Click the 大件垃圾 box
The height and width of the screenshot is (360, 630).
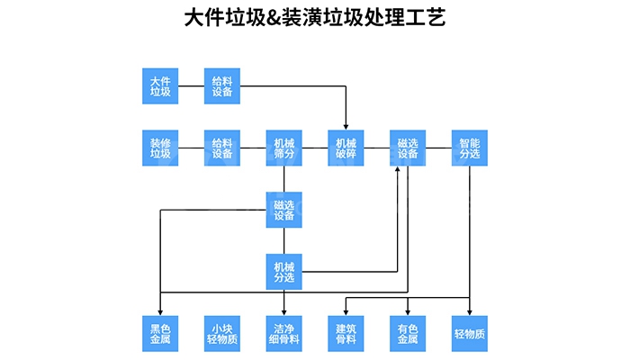[160, 85]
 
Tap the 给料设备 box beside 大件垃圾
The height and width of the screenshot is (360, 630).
[222, 85]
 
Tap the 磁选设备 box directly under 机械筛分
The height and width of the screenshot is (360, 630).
[284, 210]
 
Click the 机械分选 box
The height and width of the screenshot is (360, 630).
[284, 271]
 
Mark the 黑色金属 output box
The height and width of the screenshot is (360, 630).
[160, 333]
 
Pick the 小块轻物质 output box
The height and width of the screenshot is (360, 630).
[222, 333]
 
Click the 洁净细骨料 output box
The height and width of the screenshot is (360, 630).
[284, 333]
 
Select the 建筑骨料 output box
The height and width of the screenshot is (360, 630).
[346, 333]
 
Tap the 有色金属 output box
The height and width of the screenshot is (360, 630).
[408, 333]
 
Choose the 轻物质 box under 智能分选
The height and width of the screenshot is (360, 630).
[470, 333]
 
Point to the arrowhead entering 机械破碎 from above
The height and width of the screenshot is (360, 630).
[346, 127]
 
